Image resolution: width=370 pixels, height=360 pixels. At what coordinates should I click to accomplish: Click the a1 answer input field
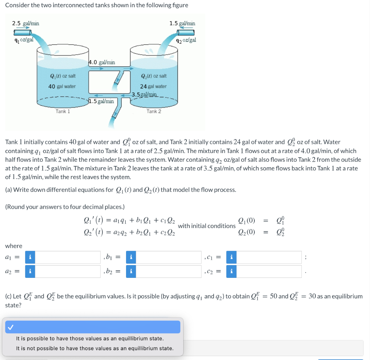tap(68, 257)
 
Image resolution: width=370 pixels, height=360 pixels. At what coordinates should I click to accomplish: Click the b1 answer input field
tap(169, 257)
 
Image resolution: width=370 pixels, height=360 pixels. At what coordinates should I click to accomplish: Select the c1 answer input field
tap(269, 257)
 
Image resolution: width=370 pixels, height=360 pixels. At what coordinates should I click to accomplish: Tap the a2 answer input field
tap(68, 271)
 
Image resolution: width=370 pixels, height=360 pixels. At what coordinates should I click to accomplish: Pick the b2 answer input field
tap(169, 271)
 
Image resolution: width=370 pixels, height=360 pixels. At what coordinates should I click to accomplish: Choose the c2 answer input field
tap(269, 271)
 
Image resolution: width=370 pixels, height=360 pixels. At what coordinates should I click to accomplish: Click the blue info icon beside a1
tap(30, 257)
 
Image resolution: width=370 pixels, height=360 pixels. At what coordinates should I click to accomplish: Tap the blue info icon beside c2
tap(231, 271)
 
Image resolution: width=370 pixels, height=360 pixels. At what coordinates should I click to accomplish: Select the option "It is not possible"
tap(95, 348)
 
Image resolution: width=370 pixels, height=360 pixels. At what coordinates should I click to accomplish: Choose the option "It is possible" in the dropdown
tap(90, 339)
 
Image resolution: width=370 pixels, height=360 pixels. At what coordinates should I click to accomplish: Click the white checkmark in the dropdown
tap(10, 327)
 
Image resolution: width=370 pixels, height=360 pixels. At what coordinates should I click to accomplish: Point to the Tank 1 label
tap(63, 111)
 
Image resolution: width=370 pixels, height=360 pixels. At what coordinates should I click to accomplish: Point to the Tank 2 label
tap(154, 111)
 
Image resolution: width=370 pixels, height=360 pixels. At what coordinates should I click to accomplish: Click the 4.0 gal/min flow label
tap(102, 62)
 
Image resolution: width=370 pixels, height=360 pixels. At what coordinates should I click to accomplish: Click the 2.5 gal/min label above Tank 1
tap(26, 23)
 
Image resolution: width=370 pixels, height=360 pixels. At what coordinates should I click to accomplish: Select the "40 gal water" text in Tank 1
tap(62, 86)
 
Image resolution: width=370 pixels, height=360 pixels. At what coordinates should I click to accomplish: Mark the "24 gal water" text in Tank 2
tap(154, 86)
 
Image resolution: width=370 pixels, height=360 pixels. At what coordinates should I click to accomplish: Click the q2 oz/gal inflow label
tap(186, 40)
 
